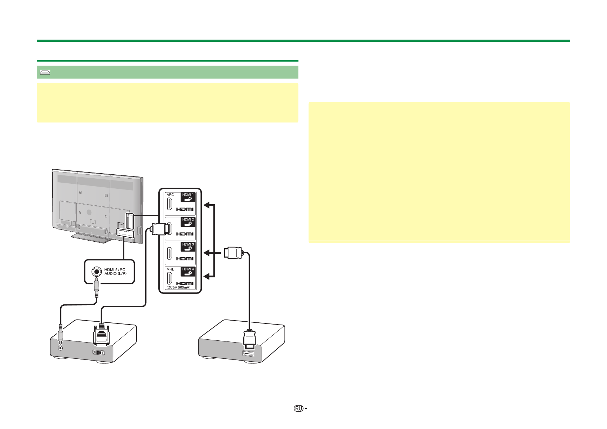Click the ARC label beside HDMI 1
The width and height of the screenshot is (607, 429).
[170, 195]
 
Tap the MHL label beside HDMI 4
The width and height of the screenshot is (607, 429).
[170, 269]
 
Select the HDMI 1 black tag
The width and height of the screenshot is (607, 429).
[188, 197]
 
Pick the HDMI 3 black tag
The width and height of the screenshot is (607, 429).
[188, 246]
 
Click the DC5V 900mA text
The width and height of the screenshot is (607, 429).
[179, 287]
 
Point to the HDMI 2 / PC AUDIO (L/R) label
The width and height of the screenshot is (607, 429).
[115, 272]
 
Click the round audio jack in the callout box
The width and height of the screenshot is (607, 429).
[96, 271]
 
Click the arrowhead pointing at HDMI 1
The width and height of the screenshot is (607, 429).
[207, 205]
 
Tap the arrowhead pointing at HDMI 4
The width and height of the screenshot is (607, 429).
[207, 276]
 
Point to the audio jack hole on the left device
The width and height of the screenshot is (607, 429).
[61, 348]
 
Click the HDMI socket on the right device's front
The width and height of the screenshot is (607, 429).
[248, 354]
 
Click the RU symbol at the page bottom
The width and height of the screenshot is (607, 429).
[298, 408]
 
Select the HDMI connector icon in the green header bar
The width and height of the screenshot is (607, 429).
[45, 72]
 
